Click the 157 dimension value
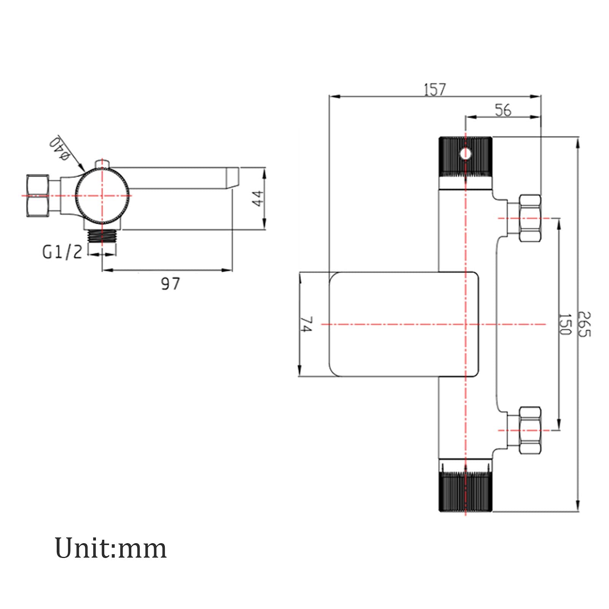pos(434,89)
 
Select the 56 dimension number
pos(503,110)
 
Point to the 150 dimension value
pos(565,324)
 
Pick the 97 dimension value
pos(170,284)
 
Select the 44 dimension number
pos(258,198)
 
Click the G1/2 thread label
pos(62,252)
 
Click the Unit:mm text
pos(111,548)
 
